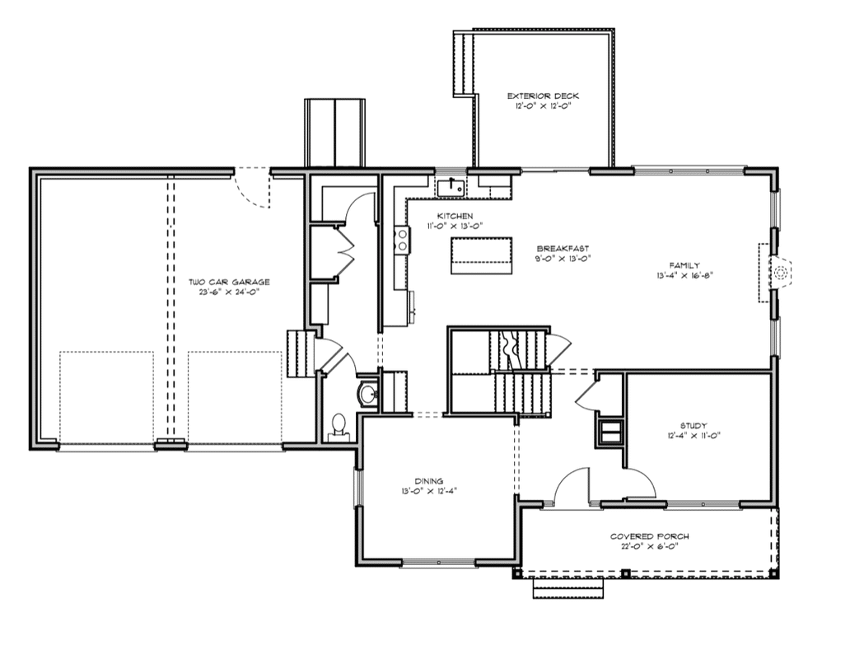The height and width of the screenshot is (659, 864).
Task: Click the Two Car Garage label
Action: [x=229, y=282]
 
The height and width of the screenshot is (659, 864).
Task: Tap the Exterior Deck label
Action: [x=543, y=96]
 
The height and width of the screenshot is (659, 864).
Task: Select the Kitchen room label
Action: [x=455, y=216]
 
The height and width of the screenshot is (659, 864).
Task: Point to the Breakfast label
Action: [x=563, y=249]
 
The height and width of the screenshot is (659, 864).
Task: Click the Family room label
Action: [x=684, y=265]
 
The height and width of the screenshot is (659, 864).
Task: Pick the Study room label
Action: [x=694, y=425]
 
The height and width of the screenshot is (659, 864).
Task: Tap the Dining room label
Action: [x=429, y=481]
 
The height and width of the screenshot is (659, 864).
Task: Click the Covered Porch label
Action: [x=649, y=536]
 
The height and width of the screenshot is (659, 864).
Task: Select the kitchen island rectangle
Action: [x=482, y=255]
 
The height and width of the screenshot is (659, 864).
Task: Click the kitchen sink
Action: [x=451, y=187]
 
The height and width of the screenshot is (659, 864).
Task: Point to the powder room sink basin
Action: [x=367, y=394]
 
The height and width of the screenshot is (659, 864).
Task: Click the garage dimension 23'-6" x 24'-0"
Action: [x=229, y=292]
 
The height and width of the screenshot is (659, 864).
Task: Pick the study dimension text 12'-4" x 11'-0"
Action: [x=694, y=435]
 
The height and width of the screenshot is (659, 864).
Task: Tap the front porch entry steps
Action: [x=568, y=588]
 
